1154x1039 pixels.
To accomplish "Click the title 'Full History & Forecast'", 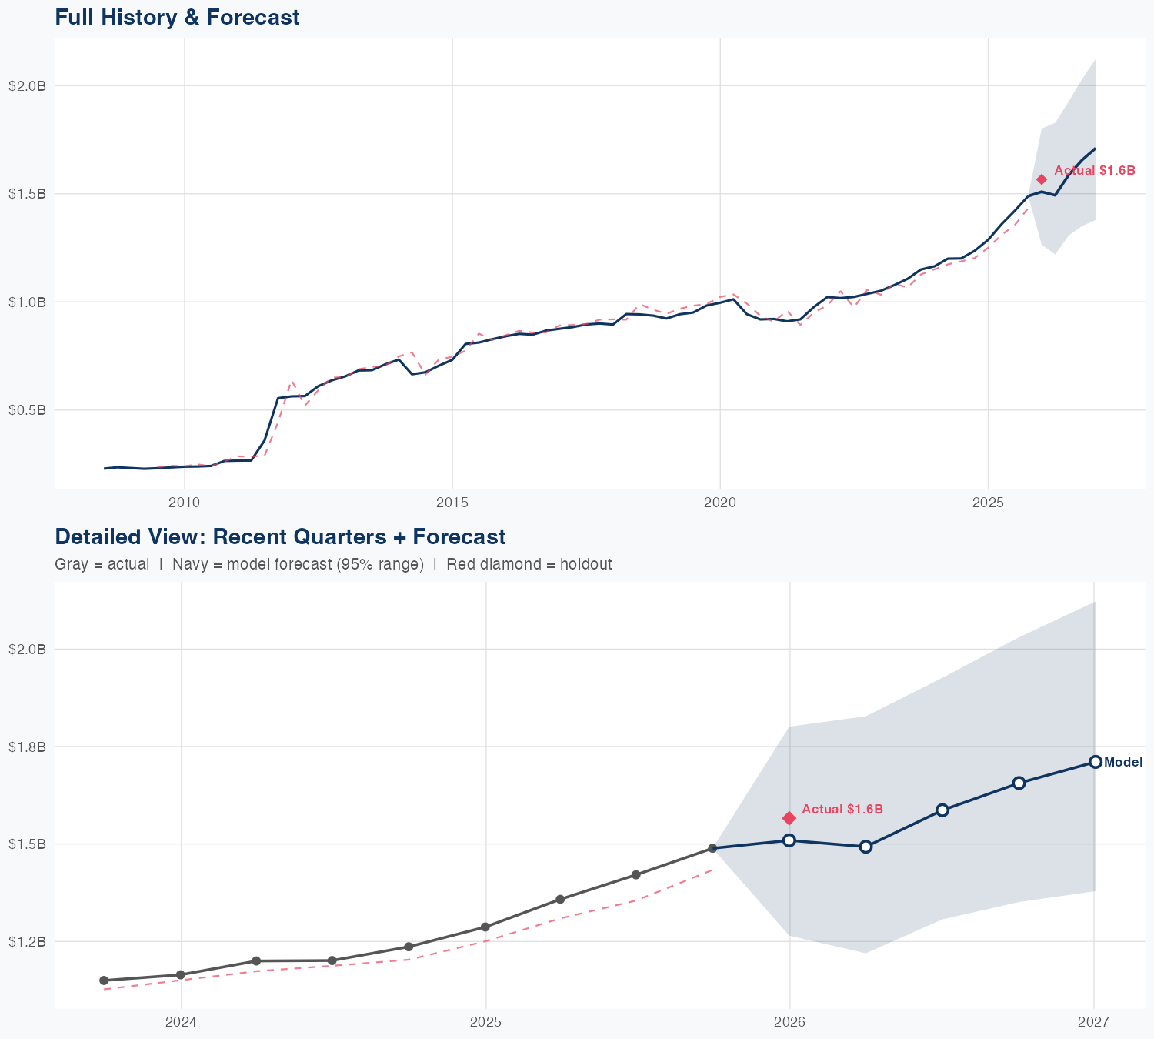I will point(177,17).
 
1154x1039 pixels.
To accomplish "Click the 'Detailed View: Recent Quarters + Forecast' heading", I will point(280,536).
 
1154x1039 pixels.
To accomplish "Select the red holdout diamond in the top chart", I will point(1042,179).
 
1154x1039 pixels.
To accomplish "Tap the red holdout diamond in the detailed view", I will point(789,818).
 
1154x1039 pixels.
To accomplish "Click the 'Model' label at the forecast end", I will point(1122,763).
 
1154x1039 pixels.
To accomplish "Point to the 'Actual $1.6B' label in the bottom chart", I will point(842,809).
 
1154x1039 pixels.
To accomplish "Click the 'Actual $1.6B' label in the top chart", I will point(1094,170).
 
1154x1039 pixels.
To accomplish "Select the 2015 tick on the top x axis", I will point(452,503).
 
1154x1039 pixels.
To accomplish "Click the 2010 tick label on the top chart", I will point(184,503).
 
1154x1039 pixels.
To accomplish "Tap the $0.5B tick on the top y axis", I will point(27,409).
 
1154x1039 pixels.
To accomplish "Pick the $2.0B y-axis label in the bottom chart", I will point(27,649).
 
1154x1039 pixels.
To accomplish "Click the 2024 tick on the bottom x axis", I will point(182,1022).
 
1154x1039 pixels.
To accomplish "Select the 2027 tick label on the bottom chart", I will point(1094,1022).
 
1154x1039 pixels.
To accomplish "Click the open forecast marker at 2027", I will point(1095,762).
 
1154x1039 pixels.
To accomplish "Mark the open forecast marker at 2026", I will point(789,840).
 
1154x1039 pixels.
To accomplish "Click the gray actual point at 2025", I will point(485,927).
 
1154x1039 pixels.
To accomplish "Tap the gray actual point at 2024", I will point(180,975).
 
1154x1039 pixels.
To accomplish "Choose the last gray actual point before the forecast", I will point(712,848).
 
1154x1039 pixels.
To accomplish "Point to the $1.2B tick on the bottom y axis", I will point(27,941).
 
